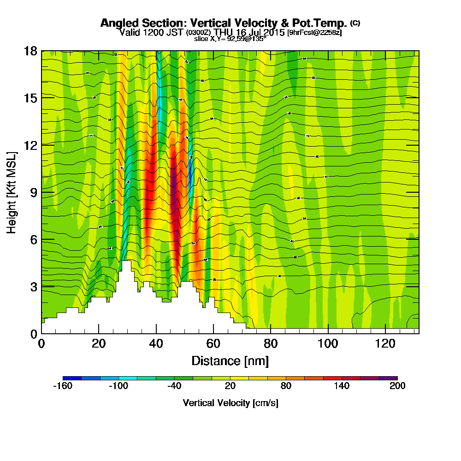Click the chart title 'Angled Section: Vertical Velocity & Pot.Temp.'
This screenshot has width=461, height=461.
[224, 23]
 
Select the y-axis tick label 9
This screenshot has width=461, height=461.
[33, 192]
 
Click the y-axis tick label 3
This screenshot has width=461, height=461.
[33, 286]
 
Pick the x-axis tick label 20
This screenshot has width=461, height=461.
[99, 343]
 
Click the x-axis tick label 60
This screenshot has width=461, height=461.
[213, 343]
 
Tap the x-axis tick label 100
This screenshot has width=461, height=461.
[328, 343]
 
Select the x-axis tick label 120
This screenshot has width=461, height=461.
[385, 343]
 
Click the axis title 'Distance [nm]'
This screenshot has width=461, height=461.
[230, 361]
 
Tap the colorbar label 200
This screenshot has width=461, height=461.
[397, 386]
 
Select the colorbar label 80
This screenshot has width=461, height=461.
[286, 386]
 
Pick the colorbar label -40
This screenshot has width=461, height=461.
[174, 386]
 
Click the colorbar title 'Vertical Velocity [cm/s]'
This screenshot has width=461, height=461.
[230, 403]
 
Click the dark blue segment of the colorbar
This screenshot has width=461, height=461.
[72, 378]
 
